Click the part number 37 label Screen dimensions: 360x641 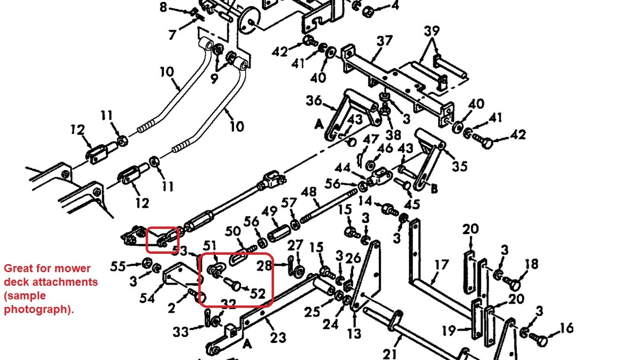[384, 41]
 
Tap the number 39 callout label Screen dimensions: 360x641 [432, 31]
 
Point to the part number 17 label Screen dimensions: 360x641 [441, 266]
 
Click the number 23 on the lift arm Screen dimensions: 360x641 [278, 338]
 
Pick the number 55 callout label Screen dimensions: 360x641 [118, 266]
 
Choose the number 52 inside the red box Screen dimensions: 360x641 [258, 293]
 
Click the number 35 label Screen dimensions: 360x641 [459, 166]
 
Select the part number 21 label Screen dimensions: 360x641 [390, 353]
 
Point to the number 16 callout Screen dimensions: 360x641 [567, 328]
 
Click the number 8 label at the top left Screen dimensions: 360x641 [164, 7]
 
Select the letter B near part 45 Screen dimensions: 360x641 [434, 189]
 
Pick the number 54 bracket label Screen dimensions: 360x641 [147, 298]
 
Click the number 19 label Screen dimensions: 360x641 [449, 331]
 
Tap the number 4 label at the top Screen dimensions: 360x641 [395, 6]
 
